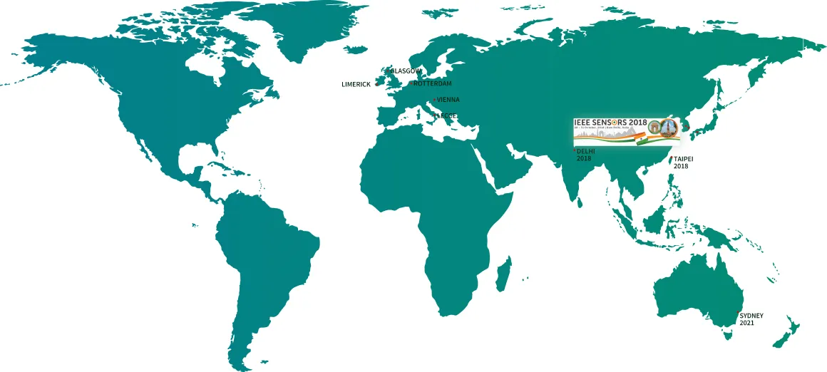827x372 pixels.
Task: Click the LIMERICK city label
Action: pos(356,84)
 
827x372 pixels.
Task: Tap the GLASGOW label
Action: pos(406,71)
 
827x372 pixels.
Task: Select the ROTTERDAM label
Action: pos(433,84)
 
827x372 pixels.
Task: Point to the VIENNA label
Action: pos(448,100)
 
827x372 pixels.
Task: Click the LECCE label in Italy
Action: pos(447,115)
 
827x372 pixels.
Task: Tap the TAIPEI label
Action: pos(683,158)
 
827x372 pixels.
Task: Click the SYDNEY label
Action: pos(751,315)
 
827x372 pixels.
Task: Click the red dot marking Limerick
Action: pos(377,84)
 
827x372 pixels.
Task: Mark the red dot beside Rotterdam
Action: pos(411,83)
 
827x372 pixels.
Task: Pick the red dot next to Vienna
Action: pos(434,100)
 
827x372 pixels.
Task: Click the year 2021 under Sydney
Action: pos(746,324)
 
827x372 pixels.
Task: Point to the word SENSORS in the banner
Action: pos(612,122)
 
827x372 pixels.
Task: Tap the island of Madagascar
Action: pos(503,274)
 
